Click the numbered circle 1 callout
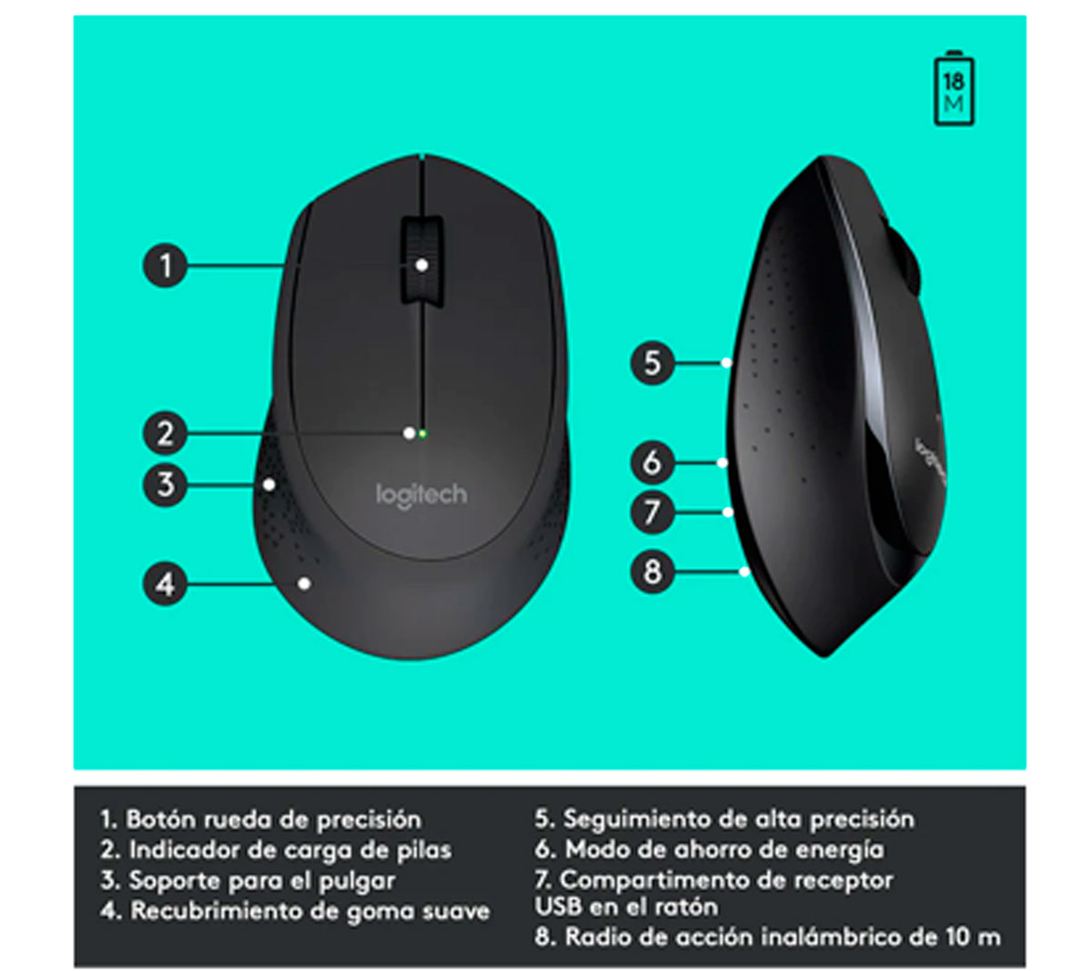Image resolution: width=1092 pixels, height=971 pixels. (165, 266)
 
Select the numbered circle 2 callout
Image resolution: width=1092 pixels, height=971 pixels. (165, 433)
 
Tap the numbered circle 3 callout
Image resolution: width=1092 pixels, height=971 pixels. (165, 484)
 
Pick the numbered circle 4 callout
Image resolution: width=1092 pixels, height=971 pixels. (165, 583)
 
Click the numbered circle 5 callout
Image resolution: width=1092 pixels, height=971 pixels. (652, 363)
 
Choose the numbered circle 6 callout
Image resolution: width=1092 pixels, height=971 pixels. (652, 462)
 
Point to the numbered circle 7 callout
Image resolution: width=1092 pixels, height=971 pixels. (652, 512)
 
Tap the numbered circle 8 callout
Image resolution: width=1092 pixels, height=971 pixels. (652, 572)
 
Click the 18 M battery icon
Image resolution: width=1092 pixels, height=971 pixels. (954, 89)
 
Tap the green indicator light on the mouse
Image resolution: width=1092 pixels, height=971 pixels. (423, 434)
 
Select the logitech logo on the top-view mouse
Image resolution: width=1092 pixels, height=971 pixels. (420, 495)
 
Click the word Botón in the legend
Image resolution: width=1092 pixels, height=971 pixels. (160, 819)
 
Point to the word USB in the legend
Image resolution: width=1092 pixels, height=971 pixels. (558, 907)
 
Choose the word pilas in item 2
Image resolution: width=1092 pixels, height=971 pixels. (420, 850)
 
